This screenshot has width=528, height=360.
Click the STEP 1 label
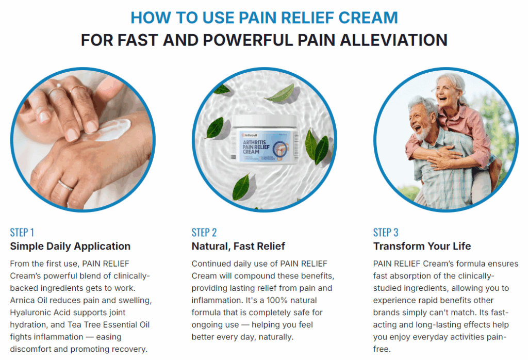(22, 233)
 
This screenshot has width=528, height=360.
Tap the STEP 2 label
(204, 233)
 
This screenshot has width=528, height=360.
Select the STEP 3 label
(386, 233)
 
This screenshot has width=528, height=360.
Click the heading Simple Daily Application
(70, 246)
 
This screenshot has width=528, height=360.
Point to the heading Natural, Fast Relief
(238, 246)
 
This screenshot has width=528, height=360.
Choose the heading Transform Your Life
(422, 246)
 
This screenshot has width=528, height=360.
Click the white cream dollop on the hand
(113, 130)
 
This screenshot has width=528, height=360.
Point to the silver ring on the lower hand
(65, 185)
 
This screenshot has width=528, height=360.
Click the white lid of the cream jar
(265, 121)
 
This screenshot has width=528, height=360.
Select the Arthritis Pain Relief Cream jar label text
(256, 147)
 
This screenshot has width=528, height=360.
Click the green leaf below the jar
(241, 186)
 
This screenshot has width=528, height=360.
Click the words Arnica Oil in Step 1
(28, 300)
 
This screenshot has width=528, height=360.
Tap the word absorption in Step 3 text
(410, 276)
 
